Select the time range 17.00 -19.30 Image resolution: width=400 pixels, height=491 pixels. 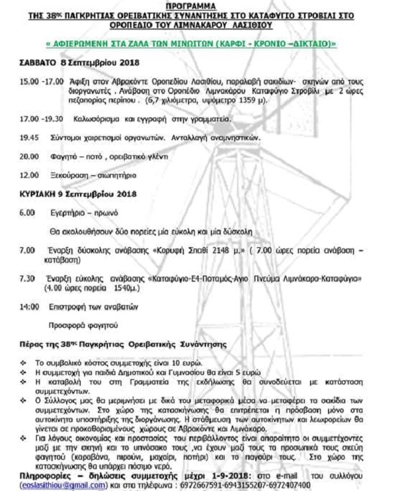38,119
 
